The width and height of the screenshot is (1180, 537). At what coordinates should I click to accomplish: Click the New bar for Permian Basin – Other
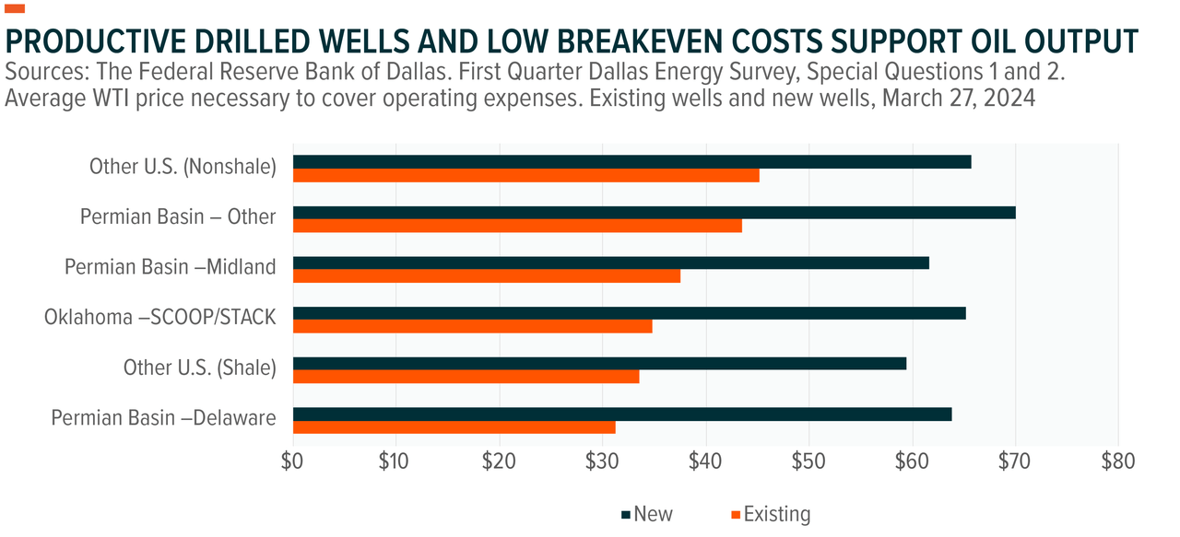654,213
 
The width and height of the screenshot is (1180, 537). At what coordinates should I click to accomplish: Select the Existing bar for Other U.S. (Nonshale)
525,175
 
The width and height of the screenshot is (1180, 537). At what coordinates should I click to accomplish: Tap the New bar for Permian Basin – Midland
610,263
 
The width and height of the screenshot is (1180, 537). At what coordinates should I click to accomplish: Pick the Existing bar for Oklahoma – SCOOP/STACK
472,326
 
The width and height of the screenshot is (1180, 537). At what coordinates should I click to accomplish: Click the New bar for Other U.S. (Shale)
599,363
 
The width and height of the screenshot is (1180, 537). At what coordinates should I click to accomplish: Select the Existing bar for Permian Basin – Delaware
454,426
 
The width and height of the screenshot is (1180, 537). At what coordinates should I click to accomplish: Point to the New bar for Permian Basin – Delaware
621,414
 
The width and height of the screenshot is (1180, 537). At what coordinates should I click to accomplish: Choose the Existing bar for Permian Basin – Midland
486,275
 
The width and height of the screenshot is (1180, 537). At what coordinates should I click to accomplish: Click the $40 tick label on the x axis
705,460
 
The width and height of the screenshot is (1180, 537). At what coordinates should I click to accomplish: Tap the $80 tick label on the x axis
1116,460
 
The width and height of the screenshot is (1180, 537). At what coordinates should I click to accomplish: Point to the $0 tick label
292,460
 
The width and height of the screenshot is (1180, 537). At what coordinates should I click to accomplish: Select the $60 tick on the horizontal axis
911,460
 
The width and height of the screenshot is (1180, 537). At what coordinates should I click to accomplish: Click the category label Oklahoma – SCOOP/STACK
160,317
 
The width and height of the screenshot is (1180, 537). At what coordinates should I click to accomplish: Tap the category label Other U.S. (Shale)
199,368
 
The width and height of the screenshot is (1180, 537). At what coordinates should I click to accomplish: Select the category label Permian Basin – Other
177,216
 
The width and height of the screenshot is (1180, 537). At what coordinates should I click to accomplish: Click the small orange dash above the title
15,8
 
